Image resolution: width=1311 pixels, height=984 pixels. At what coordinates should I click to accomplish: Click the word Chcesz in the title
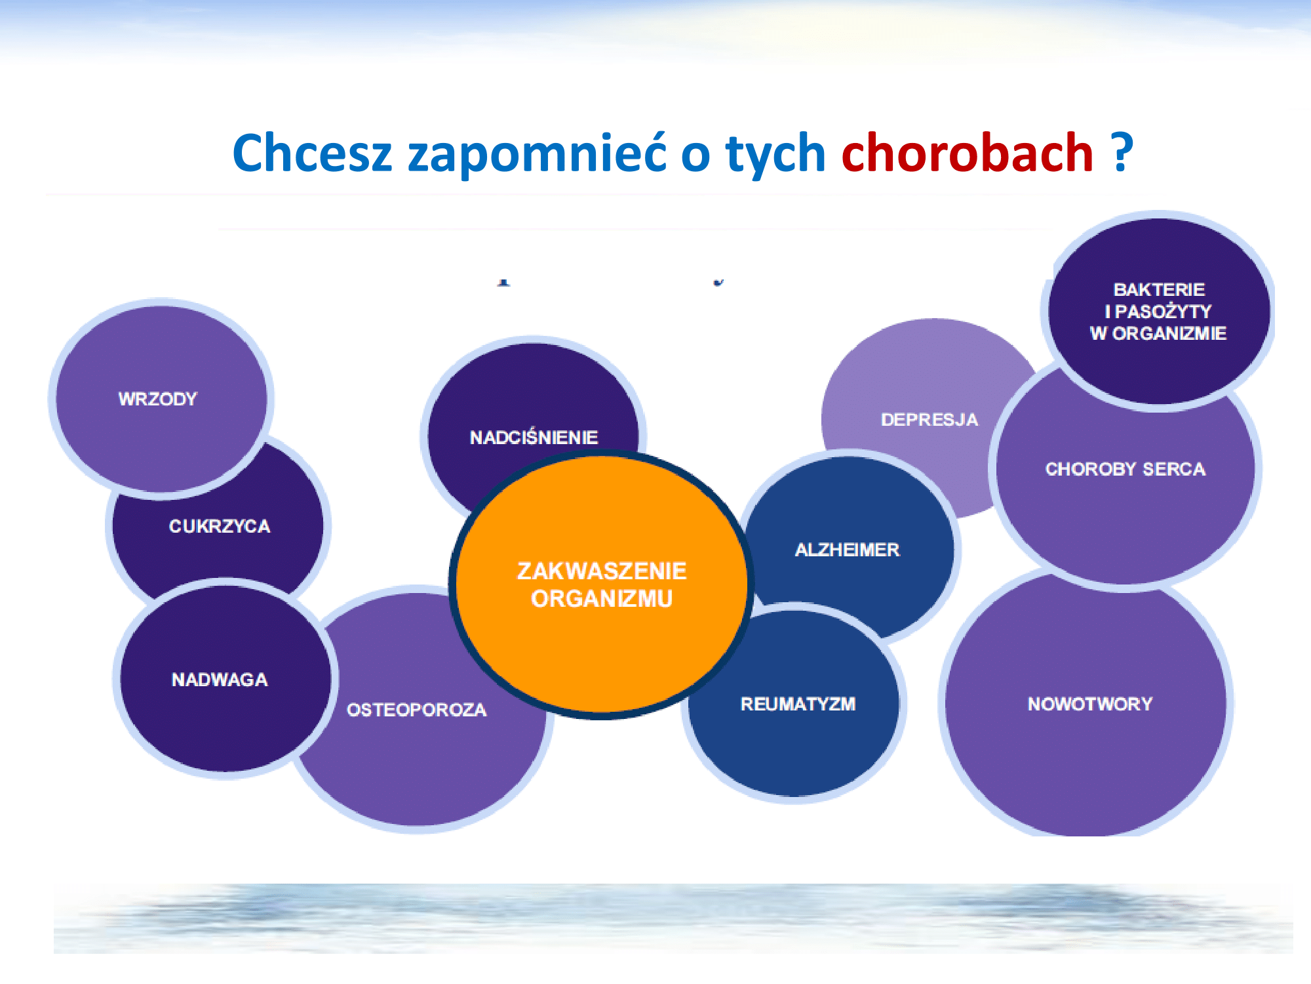pyautogui.click(x=312, y=153)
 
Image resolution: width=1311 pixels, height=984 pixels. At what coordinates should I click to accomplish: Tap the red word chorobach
pyautogui.click(x=968, y=152)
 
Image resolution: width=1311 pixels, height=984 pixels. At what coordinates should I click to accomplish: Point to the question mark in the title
pyautogui.click(x=1122, y=152)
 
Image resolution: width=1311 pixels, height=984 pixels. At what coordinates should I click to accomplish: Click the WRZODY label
pyautogui.click(x=158, y=399)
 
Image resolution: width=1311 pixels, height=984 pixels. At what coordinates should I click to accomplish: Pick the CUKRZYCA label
pyautogui.click(x=220, y=526)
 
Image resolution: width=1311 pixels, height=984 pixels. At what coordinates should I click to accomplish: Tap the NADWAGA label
pyautogui.click(x=220, y=680)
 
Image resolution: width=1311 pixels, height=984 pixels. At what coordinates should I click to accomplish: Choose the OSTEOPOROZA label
pyautogui.click(x=417, y=710)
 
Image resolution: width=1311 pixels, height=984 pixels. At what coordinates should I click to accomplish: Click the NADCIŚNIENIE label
pyautogui.click(x=534, y=437)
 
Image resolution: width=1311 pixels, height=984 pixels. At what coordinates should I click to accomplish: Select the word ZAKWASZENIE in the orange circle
pyautogui.click(x=602, y=571)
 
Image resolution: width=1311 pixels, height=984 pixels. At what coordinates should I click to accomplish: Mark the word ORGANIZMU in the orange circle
pyautogui.click(x=602, y=599)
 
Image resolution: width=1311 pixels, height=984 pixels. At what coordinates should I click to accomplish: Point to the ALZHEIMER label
pyautogui.click(x=848, y=550)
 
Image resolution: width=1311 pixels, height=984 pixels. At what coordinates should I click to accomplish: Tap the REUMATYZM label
pyautogui.click(x=798, y=704)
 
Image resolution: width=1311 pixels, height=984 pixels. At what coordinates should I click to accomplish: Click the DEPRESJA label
pyautogui.click(x=929, y=420)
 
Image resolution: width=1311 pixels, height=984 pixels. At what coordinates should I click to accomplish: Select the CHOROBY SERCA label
pyautogui.click(x=1125, y=469)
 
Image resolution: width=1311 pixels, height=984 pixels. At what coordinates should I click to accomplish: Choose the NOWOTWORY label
pyautogui.click(x=1090, y=704)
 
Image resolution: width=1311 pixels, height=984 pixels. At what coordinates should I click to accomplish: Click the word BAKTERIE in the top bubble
pyautogui.click(x=1160, y=290)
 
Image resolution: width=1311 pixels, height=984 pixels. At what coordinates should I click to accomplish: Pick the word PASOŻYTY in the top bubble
pyautogui.click(x=1164, y=311)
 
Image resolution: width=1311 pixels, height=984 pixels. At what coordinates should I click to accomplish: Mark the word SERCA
pyautogui.click(x=1174, y=469)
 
